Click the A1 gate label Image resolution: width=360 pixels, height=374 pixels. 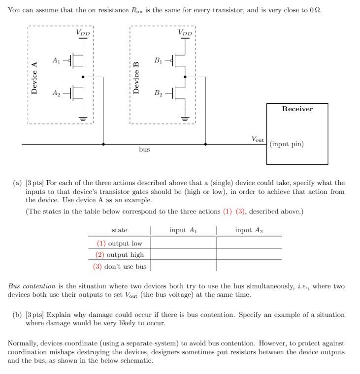56,61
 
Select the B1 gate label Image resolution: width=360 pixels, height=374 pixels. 158,61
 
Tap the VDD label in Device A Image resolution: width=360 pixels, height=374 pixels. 83,32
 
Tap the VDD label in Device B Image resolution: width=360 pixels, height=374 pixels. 185,32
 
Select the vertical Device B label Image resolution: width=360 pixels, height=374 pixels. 136,77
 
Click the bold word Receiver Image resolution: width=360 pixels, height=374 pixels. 297,109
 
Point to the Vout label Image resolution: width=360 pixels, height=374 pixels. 258,139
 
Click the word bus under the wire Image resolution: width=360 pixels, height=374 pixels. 144,149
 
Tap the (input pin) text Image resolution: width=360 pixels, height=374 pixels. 287,144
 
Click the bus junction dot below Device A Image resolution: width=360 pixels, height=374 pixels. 103,144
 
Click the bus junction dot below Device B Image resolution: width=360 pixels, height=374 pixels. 205,144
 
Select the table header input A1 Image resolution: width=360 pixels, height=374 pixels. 183,230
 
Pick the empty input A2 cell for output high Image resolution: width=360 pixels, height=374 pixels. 249,254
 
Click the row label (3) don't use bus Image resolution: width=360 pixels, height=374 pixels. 120,266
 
